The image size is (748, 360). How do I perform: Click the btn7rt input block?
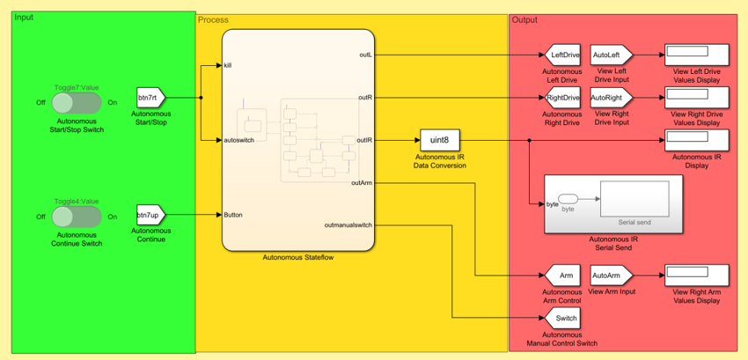point(150,98)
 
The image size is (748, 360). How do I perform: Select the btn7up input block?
point(149,215)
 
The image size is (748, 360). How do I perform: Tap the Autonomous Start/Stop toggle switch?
point(77,103)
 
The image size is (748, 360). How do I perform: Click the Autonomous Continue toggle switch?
point(77,217)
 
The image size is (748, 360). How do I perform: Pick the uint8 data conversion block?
point(440,140)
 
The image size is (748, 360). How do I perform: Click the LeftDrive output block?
point(564,55)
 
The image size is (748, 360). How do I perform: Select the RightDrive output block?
point(563,97)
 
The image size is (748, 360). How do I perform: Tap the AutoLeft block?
point(606,55)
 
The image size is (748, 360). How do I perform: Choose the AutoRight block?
point(607,97)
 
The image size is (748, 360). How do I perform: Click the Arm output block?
point(565,276)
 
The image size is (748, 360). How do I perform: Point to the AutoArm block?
point(607,276)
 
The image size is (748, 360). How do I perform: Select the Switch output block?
point(565,318)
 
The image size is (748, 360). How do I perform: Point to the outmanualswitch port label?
point(348,224)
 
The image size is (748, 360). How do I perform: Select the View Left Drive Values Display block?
point(696,55)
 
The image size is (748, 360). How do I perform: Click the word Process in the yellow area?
point(213,19)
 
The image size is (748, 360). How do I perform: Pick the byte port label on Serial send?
point(552,204)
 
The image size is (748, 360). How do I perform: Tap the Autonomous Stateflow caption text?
point(297,257)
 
